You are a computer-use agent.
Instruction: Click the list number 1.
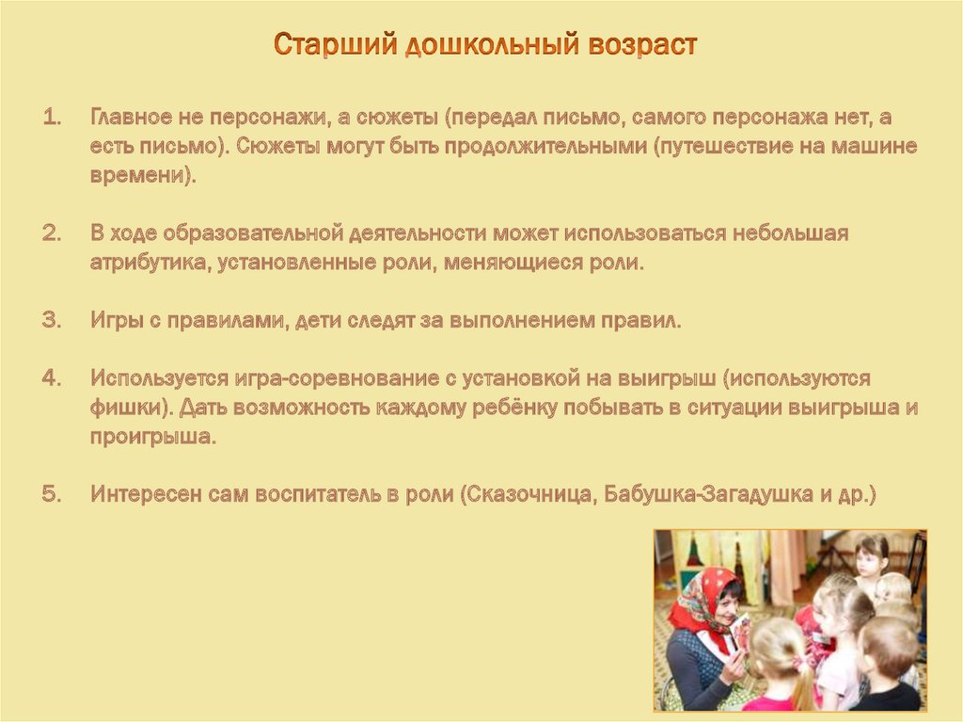click(x=53, y=117)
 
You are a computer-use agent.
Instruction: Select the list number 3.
click(x=53, y=320)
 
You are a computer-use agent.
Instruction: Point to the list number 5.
click(x=53, y=494)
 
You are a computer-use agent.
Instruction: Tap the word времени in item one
click(x=139, y=176)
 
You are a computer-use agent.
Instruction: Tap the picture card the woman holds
click(x=741, y=634)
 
